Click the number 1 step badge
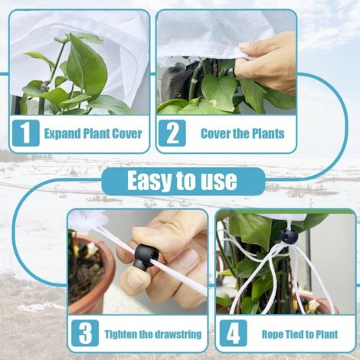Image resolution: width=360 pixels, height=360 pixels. point(26,133)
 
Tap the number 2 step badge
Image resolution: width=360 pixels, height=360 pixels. point(172,133)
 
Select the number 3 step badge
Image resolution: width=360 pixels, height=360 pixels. point(85,333)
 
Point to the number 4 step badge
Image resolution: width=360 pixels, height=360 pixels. point(234,333)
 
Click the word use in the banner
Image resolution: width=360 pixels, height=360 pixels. point(219,182)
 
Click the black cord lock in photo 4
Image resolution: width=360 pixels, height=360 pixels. point(288,237)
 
